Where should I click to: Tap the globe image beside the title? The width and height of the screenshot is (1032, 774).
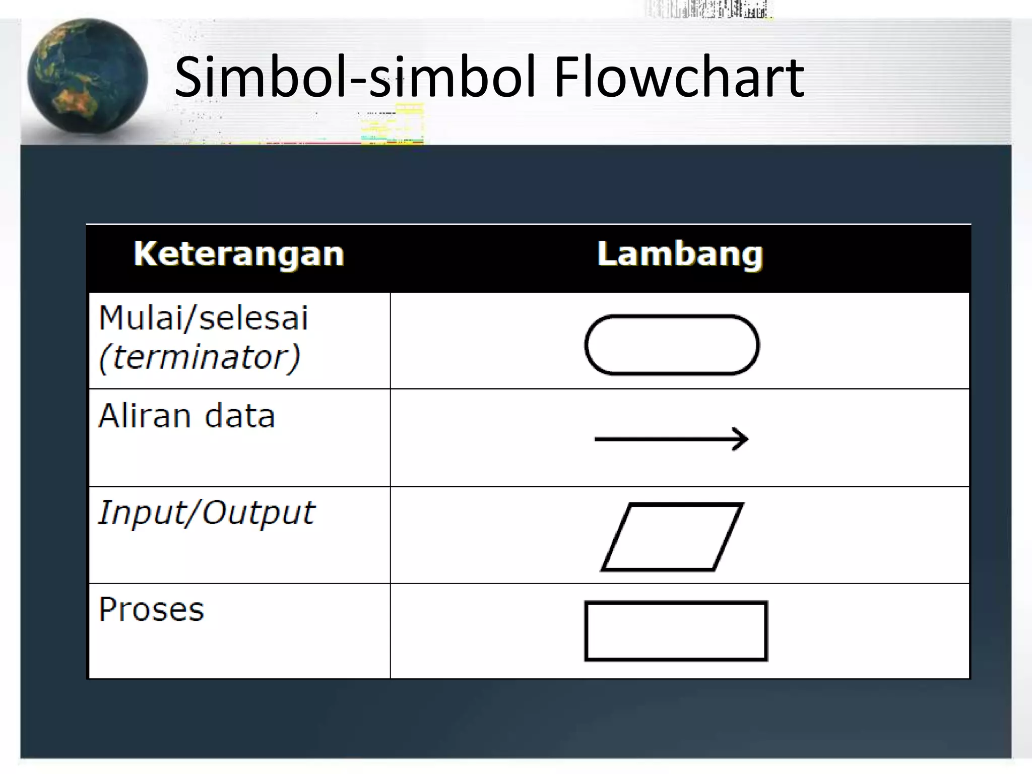pos(87,77)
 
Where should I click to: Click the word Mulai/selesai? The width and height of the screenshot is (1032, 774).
pos(203,318)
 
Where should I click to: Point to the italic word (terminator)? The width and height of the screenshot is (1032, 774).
pos(200,357)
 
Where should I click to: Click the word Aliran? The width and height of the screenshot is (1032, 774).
pos(145,416)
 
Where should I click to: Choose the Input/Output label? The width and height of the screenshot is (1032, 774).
pos(207,513)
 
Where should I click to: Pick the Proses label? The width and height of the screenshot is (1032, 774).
pos(151,610)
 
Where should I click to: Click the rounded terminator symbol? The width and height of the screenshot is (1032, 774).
pos(672,345)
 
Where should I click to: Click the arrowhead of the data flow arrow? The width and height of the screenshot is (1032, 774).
pos(741,439)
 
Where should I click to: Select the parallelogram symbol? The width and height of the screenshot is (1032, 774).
pos(672,537)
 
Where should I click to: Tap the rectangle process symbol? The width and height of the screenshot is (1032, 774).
pos(676,631)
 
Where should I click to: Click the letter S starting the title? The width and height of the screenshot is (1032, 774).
pos(189,78)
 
